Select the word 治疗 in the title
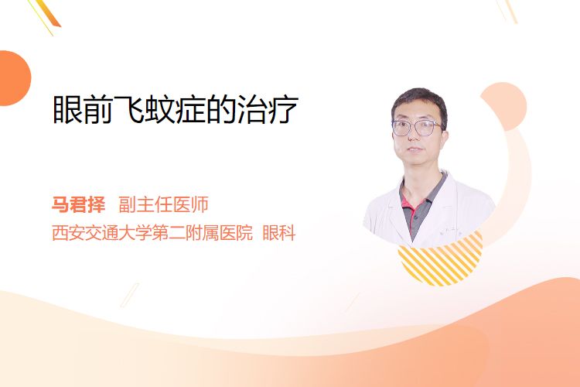[268, 110]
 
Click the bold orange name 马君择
[78, 204]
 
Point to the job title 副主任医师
[163, 204]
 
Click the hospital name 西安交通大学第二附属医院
[152, 233]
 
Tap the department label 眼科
[279, 233]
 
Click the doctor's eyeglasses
[417, 128]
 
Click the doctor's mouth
[415, 149]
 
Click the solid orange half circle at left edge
[14, 78]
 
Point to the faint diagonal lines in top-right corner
[507, 11]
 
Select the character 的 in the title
[222, 110]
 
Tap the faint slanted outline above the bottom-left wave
[130, 295]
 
